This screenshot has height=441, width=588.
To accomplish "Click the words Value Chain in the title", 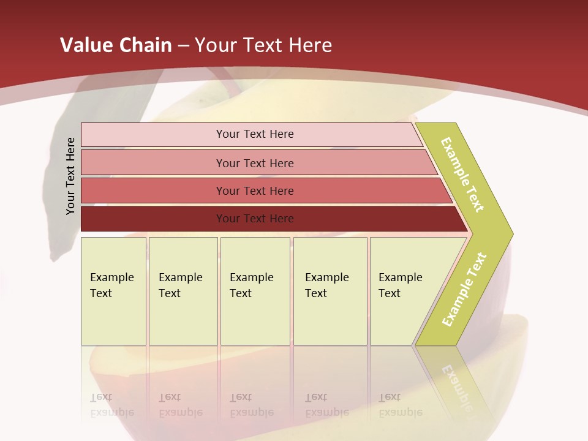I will [x=116, y=45].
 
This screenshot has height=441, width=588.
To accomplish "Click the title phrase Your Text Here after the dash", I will [x=263, y=45].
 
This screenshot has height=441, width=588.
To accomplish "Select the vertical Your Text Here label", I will [x=70, y=176].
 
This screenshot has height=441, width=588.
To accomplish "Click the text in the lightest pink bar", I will [x=255, y=134].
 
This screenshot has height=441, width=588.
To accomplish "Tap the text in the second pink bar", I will [x=255, y=163].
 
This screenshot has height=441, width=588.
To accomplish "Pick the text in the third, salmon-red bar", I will [x=255, y=191].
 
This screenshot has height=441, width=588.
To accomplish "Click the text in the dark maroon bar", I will [x=255, y=219].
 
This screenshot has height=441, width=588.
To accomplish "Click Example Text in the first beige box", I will [x=111, y=285].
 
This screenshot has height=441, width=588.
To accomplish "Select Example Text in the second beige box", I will [x=180, y=285].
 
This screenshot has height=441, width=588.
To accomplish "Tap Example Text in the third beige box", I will [x=251, y=285].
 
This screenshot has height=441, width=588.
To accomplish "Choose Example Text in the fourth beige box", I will [x=326, y=285].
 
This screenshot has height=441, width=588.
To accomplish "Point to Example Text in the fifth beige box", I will [x=400, y=285].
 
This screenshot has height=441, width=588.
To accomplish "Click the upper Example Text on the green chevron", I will [x=462, y=175].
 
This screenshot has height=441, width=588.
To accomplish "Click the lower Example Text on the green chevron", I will [x=464, y=290].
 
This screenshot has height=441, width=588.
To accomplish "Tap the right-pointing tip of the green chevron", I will [x=510, y=234].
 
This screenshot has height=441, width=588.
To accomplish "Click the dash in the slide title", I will [x=183, y=46].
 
